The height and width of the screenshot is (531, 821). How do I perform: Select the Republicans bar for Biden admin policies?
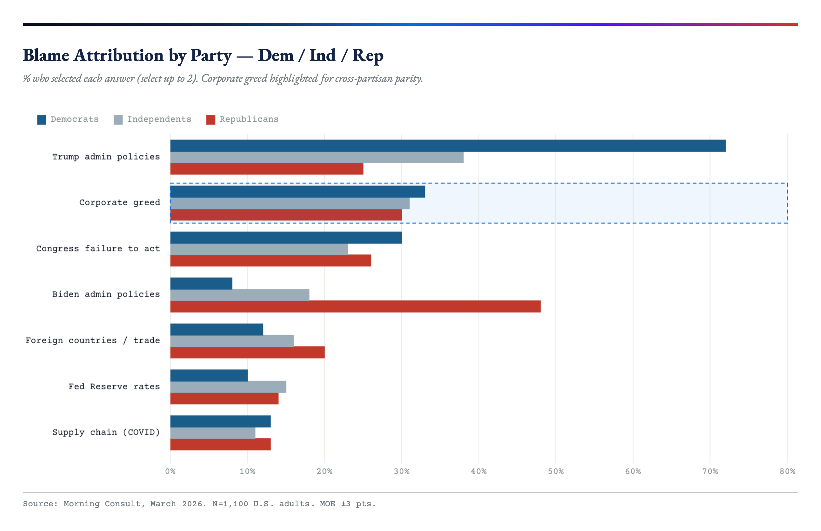point(355,306)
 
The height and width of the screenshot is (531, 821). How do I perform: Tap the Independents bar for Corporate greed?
point(290,203)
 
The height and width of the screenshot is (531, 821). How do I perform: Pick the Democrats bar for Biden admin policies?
point(201,284)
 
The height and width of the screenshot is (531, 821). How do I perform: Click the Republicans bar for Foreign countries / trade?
point(247,352)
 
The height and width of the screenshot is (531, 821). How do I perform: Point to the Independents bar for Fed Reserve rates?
point(228,387)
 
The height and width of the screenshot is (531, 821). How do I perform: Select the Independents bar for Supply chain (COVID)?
point(212,433)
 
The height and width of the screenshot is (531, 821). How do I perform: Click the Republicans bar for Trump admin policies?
point(267,169)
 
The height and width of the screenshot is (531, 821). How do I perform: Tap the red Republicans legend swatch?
point(210,120)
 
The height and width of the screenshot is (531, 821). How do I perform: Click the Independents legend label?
point(159,119)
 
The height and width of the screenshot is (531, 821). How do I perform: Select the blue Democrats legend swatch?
point(42,120)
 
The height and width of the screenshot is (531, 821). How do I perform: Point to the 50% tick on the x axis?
point(556,471)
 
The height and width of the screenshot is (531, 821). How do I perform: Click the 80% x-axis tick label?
point(787,471)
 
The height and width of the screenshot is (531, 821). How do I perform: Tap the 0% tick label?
point(170,471)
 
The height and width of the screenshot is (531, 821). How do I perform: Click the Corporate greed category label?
point(119,202)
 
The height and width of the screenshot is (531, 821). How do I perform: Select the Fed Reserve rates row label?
point(114,386)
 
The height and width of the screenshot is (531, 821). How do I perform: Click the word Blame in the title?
point(46,55)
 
